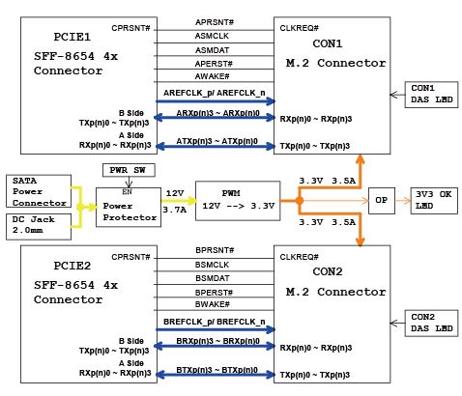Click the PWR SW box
click(x=129, y=170)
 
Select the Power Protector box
click(x=129, y=208)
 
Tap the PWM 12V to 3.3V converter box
click(x=238, y=201)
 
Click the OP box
click(x=382, y=201)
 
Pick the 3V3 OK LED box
click(x=434, y=201)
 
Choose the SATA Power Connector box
click(x=39, y=191)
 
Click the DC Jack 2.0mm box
click(x=39, y=227)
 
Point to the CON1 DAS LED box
click(x=431, y=95)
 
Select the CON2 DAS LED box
click(x=431, y=324)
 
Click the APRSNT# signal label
click(x=215, y=22)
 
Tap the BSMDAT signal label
click(x=213, y=278)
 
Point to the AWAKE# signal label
click(x=212, y=76)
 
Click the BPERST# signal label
click(x=214, y=293)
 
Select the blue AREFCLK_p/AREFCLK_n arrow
click(x=216, y=101)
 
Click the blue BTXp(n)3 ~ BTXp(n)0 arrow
click(x=216, y=375)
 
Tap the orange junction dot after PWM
click(x=300, y=201)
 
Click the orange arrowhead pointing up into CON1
click(x=361, y=160)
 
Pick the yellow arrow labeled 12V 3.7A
click(x=179, y=201)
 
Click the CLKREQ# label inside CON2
click(x=299, y=257)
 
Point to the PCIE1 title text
click(x=72, y=37)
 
